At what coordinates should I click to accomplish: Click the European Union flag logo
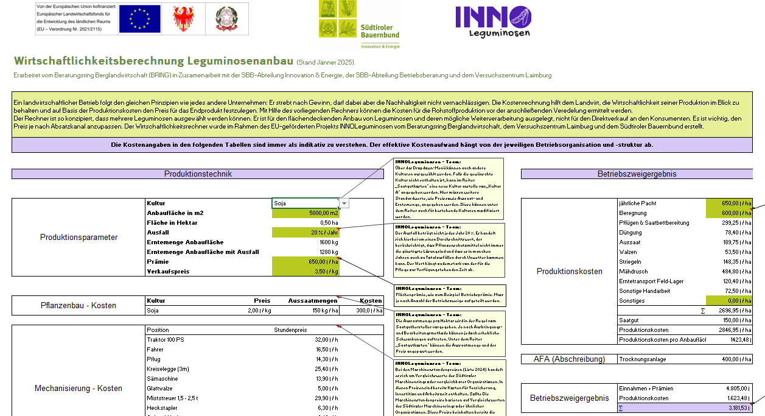pyautogui.click(x=139, y=18)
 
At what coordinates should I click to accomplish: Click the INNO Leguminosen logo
pyautogui.click(x=493, y=21)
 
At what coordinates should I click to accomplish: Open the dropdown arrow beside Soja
pyautogui.click(x=344, y=203)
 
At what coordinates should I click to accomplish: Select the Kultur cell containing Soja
pyautogui.click(x=304, y=203)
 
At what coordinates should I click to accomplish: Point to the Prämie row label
pyautogui.click(x=158, y=262)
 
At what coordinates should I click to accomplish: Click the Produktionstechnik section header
pyautogui.click(x=198, y=174)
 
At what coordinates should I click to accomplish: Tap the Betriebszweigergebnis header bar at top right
pyautogui.click(x=637, y=174)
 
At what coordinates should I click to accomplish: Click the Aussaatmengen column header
pyautogui.click(x=313, y=300)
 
